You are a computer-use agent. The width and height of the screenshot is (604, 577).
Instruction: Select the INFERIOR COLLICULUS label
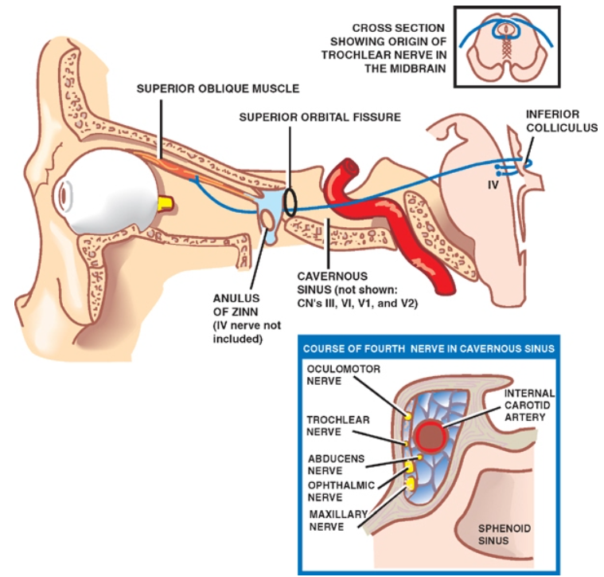pyautogui.click(x=561, y=121)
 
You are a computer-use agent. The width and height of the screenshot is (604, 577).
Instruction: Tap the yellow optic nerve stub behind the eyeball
pyautogui.click(x=165, y=204)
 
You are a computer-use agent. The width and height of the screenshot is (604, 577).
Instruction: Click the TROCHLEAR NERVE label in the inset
pyautogui.click(x=329, y=426)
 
